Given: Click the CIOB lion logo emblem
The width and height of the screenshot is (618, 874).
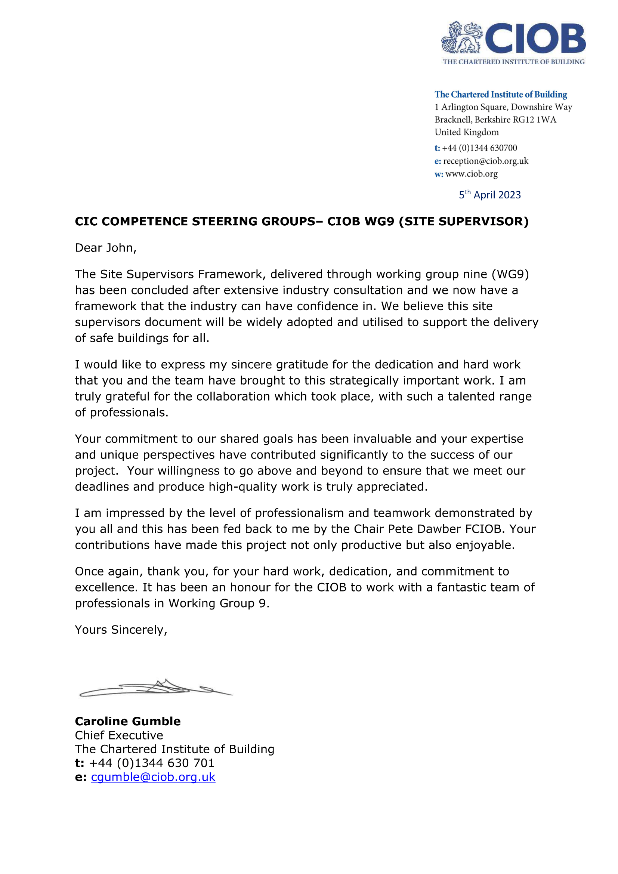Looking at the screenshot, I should (461, 37).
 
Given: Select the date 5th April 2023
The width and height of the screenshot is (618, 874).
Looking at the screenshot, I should (489, 195).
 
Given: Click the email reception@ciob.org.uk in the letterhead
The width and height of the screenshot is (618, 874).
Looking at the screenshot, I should (486, 161).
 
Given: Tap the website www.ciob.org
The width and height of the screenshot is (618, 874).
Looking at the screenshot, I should (471, 174).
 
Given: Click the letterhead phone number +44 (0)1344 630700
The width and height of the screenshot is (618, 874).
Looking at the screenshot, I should (479, 148).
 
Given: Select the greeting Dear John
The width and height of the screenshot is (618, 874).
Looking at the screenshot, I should (105, 248).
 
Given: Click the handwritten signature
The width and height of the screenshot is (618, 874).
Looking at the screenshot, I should (156, 688).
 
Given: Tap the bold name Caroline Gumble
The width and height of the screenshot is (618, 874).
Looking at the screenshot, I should (127, 721).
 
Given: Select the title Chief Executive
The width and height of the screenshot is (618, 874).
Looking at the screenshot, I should (119, 735).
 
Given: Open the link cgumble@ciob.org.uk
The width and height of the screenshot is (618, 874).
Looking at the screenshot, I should (153, 777).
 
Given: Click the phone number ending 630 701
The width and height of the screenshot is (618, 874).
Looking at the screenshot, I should (151, 763).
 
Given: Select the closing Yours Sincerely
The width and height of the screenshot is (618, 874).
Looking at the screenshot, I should (121, 630).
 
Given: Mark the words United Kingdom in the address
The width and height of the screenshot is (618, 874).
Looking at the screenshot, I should (467, 133).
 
